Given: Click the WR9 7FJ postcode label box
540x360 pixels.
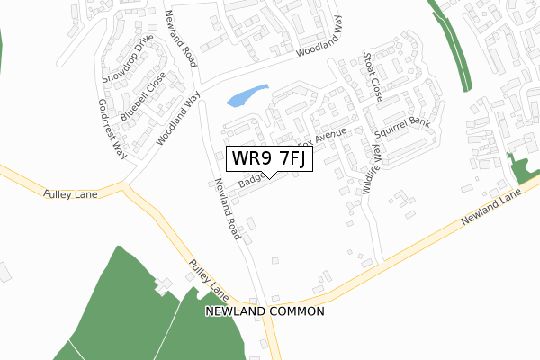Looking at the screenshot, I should [x=269, y=158].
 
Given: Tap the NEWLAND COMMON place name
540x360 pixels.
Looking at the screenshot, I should [x=264, y=310].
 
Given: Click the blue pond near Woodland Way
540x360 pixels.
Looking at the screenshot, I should [x=247, y=95].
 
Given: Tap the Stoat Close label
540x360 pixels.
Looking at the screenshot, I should [x=372, y=75].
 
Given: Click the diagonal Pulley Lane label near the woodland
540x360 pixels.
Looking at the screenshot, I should [x=208, y=280].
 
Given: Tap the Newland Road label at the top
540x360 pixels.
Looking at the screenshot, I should [x=180, y=39].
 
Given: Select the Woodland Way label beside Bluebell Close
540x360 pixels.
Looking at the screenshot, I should [x=178, y=121].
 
